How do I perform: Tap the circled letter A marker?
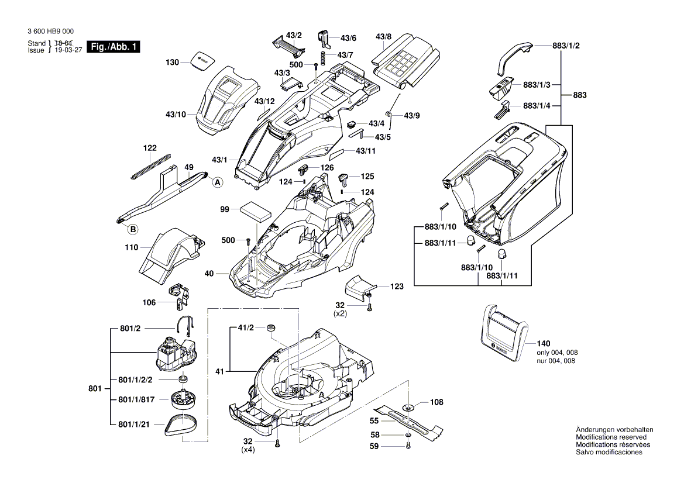(218, 182)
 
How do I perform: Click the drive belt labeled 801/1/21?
(183, 423)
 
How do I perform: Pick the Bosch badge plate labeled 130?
(202, 61)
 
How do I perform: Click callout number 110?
(131, 247)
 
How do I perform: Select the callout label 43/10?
(175, 114)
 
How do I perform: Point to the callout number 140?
(544, 343)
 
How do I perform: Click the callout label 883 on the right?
(579, 95)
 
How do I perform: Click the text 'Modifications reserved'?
(611, 437)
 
